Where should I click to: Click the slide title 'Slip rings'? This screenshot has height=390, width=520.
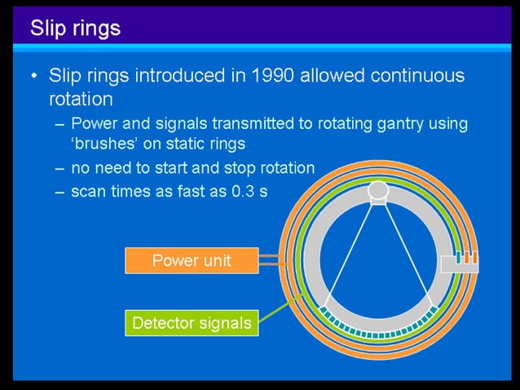tap(75, 28)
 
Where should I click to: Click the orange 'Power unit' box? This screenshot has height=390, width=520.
tap(192, 261)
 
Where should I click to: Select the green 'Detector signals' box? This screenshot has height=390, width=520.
tap(192, 323)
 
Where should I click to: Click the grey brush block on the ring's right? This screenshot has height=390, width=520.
tap(459, 263)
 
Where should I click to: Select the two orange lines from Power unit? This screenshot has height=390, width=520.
tap(271, 261)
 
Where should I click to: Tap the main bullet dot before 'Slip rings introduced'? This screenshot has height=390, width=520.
tap(33, 77)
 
